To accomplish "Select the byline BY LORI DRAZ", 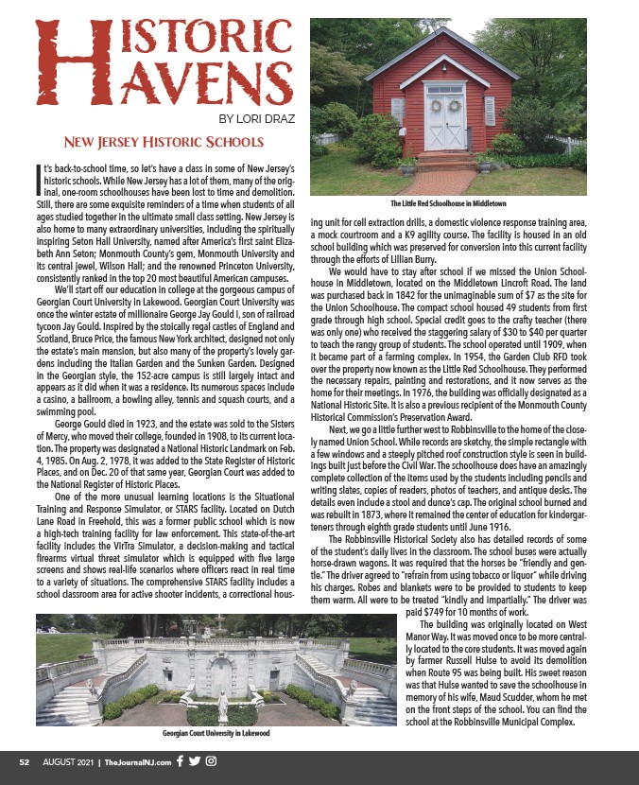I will click(258, 119).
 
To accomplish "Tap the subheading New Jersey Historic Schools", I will click(162, 143).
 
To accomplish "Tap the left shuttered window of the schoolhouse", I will click(398, 111).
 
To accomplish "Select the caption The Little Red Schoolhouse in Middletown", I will click(448, 203).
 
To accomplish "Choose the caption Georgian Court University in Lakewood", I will click(216, 734).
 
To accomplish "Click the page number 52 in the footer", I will click(28, 761).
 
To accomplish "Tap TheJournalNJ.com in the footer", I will click(138, 761).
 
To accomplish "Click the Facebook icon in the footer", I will click(181, 761).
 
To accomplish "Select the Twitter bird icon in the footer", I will click(196, 761).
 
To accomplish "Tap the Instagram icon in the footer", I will click(212, 761).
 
